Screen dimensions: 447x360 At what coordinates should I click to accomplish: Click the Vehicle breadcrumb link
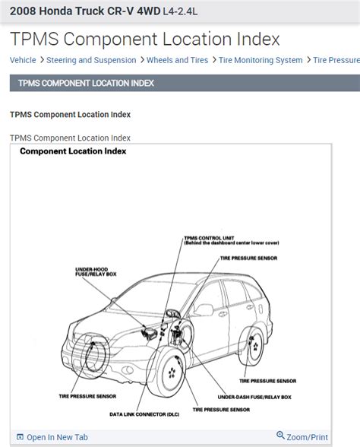pos(23,60)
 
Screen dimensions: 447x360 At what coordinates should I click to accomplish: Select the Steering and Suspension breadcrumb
pos(91,60)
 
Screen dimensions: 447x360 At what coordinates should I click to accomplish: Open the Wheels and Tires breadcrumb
pos(178,60)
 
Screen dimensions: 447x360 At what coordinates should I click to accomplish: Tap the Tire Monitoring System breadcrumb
pos(260,60)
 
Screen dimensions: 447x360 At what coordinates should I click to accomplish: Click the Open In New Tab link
pos(57,437)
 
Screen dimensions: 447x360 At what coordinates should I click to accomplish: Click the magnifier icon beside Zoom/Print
pos(280,436)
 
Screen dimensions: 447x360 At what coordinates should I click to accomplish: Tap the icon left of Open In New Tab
pos(19,437)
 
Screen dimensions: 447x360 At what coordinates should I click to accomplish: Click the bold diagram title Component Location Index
pos(73,151)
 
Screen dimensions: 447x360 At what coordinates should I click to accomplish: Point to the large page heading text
pos(144,40)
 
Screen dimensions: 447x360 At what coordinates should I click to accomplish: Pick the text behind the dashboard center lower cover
pos(232,244)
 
